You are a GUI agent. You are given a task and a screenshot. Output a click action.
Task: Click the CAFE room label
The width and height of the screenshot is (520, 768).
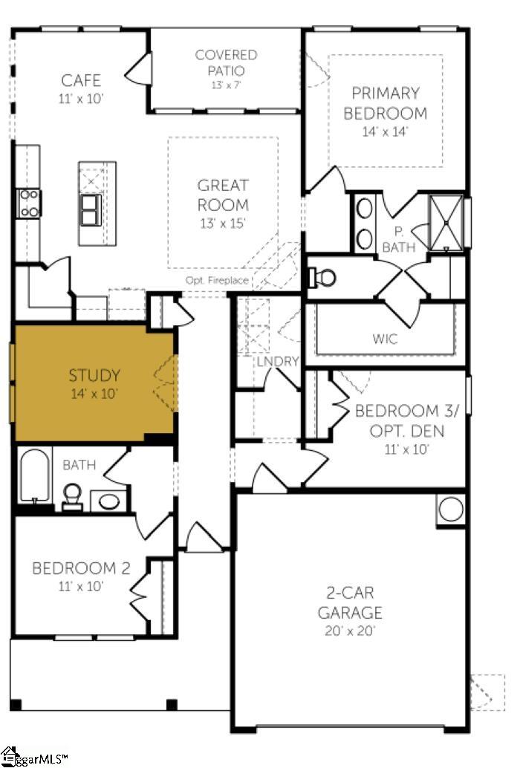pyautogui.click(x=81, y=80)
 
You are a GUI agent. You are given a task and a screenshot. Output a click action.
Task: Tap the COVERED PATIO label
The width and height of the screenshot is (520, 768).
pyautogui.click(x=226, y=63)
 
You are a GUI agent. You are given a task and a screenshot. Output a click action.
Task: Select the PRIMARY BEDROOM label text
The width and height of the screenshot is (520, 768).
pyautogui.click(x=389, y=103)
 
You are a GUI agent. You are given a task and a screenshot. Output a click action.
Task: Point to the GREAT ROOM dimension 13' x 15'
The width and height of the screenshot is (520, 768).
pyautogui.click(x=223, y=222)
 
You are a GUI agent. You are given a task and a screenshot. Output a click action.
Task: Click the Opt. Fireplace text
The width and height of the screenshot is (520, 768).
pyautogui.click(x=217, y=280)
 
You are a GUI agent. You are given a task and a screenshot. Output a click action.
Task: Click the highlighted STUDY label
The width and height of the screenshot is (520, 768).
pyautogui.click(x=94, y=375)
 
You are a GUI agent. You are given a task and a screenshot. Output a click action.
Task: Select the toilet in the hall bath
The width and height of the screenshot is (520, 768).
pyautogui.click(x=72, y=496)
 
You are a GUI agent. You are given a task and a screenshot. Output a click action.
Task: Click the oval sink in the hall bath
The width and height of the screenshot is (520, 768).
pyautogui.click(x=108, y=501)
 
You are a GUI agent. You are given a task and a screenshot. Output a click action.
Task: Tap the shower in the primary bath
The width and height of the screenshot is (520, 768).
pyautogui.click(x=445, y=221)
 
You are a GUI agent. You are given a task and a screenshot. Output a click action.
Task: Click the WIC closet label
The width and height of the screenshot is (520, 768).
pyautogui.click(x=385, y=339)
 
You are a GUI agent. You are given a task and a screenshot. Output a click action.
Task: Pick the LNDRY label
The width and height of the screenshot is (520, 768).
pyautogui.click(x=277, y=362)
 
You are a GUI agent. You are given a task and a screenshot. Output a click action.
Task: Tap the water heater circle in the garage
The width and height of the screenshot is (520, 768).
pyautogui.click(x=449, y=510)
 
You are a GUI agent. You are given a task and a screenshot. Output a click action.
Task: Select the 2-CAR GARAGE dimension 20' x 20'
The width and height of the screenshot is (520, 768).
pyautogui.click(x=350, y=631)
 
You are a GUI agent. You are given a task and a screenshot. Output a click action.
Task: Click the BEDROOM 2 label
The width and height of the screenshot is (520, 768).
pyautogui.click(x=81, y=569)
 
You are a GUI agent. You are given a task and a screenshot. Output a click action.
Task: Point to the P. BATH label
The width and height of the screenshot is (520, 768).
pyautogui.click(x=399, y=239)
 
